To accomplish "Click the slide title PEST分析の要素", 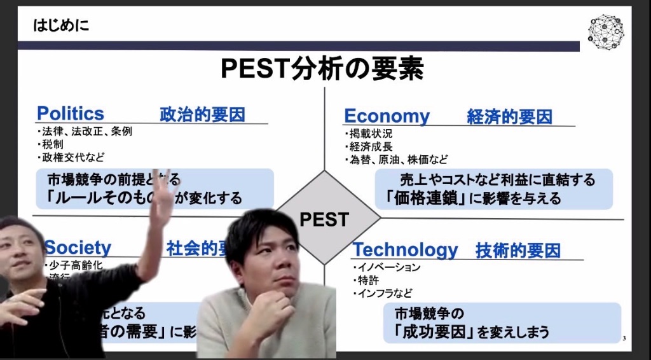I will tap(322, 69).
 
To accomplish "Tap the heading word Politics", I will tap(71, 114).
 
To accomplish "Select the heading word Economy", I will tap(387, 116).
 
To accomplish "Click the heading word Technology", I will tap(405, 250).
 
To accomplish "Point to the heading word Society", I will tap(78, 247).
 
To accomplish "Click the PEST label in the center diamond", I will tap(324, 219).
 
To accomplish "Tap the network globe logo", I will tap(605, 31).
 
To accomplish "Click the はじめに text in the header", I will tap(61, 26).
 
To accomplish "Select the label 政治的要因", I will tap(202, 114).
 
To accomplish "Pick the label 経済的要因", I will tap(509, 117).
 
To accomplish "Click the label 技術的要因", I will tap(517, 251).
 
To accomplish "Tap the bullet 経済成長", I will tap(371, 146).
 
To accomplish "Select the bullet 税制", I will tap(52, 144).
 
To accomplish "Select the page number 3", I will tap(624, 338).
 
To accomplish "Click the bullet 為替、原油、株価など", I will tap(399, 159).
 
